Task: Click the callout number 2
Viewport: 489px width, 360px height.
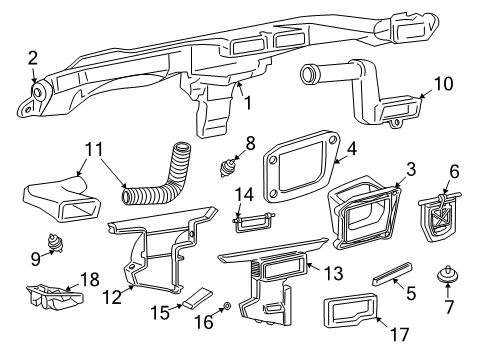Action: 32,57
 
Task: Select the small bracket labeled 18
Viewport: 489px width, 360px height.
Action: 52,293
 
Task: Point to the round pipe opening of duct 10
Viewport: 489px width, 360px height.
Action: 307,75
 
